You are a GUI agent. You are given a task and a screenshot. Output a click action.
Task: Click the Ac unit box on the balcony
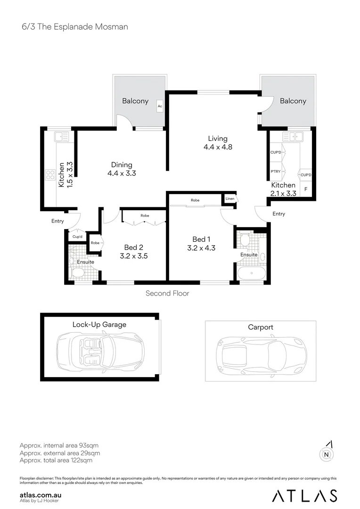[x=160, y=106]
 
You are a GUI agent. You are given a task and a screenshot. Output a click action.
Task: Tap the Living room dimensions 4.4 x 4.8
[x=218, y=147]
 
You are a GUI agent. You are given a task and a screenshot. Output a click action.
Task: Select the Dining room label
[x=122, y=164]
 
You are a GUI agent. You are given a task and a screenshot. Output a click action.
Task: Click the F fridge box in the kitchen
[x=306, y=189]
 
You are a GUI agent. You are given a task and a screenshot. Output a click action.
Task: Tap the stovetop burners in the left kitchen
[x=50, y=175]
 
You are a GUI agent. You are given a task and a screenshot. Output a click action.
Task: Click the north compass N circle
[x=326, y=455]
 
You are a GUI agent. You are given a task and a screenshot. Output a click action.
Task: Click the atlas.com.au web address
[x=41, y=495]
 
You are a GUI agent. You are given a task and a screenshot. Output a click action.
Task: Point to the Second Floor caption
[x=167, y=294]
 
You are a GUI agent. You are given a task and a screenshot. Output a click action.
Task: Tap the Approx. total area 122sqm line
[x=56, y=460]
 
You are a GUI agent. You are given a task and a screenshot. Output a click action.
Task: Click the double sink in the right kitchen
[x=292, y=137]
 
